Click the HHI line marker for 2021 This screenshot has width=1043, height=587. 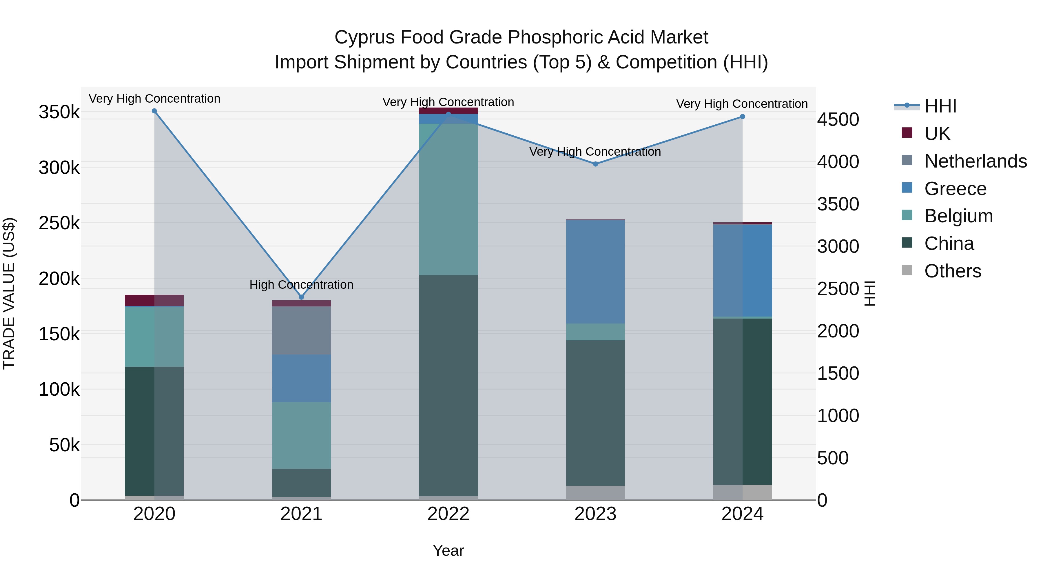pyautogui.click(x=301, y=297)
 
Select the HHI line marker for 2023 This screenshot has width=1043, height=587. pyautogui.click(x=595, y=164)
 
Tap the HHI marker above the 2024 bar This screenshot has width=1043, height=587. pyautogui.click(x=742, y=117)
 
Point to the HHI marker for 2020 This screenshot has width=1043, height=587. pyautogui.click(x=154, y=111)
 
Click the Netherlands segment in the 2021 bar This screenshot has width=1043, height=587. pyautogui.click(x=301, y=330)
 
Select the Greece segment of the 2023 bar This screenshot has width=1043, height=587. pyautogui.click(x=595, y=271)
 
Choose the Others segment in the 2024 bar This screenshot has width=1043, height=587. pyautogui.click(x=742, y=492)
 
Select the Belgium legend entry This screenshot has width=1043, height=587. pyautogui.click(x=958, y=216)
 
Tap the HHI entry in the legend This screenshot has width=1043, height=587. pyautogui.click(x=940, y=106)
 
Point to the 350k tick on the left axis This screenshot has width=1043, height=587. pyautogui.click(x=59, y=112)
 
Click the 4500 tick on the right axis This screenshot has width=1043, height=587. pyautogui.click(x=838, y=119)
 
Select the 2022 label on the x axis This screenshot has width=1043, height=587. pyautogui.click(x=448, y=514)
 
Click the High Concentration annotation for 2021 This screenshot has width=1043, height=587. pyautogui.click(x=301, y=285)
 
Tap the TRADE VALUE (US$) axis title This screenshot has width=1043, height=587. pyautogui.click(x=9, y=293)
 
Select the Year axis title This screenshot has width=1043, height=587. pyautogui.click(x=448, y=550)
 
